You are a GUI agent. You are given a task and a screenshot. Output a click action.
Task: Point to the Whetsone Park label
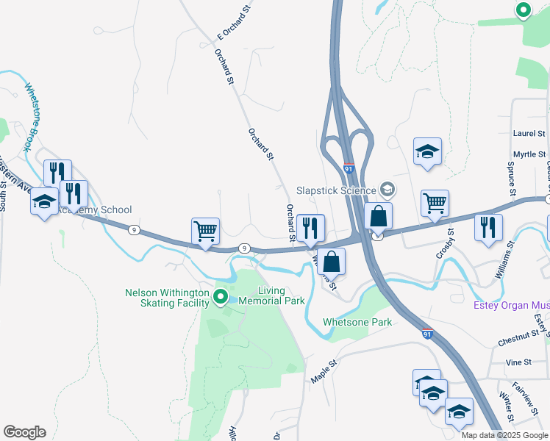[357, 322]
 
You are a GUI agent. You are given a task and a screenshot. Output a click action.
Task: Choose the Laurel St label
[529, 133]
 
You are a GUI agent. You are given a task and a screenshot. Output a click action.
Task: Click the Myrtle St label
[529, 154]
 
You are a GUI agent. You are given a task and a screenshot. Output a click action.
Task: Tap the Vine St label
[518, 362]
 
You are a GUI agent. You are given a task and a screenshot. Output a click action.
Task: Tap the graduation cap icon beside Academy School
[44, 202]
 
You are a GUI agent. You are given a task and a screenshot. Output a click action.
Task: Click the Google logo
[24, 432]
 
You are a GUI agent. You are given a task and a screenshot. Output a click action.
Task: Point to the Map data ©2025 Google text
[503, 435]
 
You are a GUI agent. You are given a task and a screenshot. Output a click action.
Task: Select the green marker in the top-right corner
[523, 10]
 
